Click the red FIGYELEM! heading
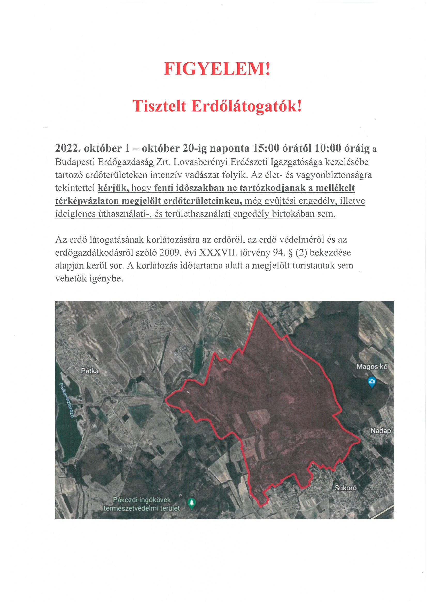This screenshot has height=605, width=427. (x=217, y=69)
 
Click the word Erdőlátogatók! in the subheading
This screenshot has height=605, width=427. (x=246, y=106)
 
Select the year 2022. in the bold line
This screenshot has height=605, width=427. (x=68, y=148)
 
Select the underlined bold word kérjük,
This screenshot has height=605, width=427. (x=113, y=188)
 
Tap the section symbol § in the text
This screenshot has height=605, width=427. (x=290, y=253)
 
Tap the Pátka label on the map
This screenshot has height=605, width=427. (x=90, y=371)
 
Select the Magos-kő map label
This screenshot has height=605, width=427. (x=372, y=366)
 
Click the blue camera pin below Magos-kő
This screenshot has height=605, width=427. (x=371, y=381)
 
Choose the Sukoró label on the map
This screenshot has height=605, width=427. (x=345, y=488)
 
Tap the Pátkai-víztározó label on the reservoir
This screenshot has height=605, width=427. (x=66, y=400)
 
